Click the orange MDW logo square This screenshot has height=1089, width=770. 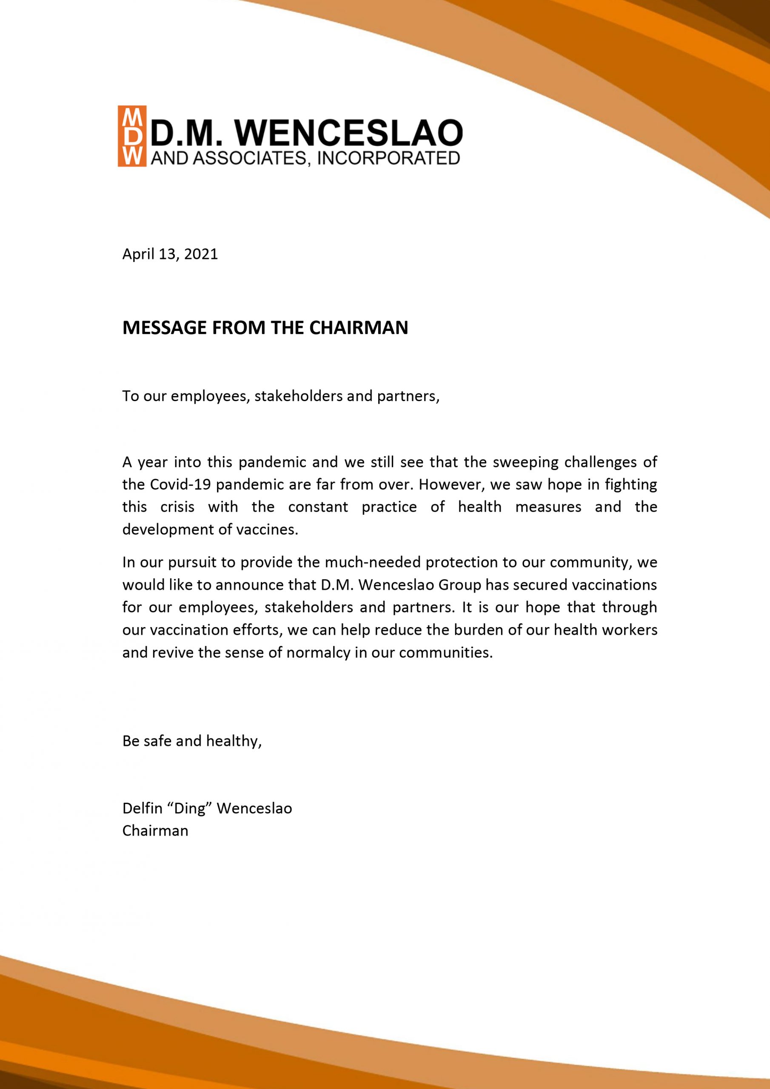tap(132, 136)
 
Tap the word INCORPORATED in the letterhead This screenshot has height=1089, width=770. tap(388, 158)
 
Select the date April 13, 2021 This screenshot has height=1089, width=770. tap(170, 254)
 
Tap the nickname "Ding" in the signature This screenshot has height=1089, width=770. tap(192, 808)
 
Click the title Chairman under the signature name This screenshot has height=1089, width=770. tap(155, 831)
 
